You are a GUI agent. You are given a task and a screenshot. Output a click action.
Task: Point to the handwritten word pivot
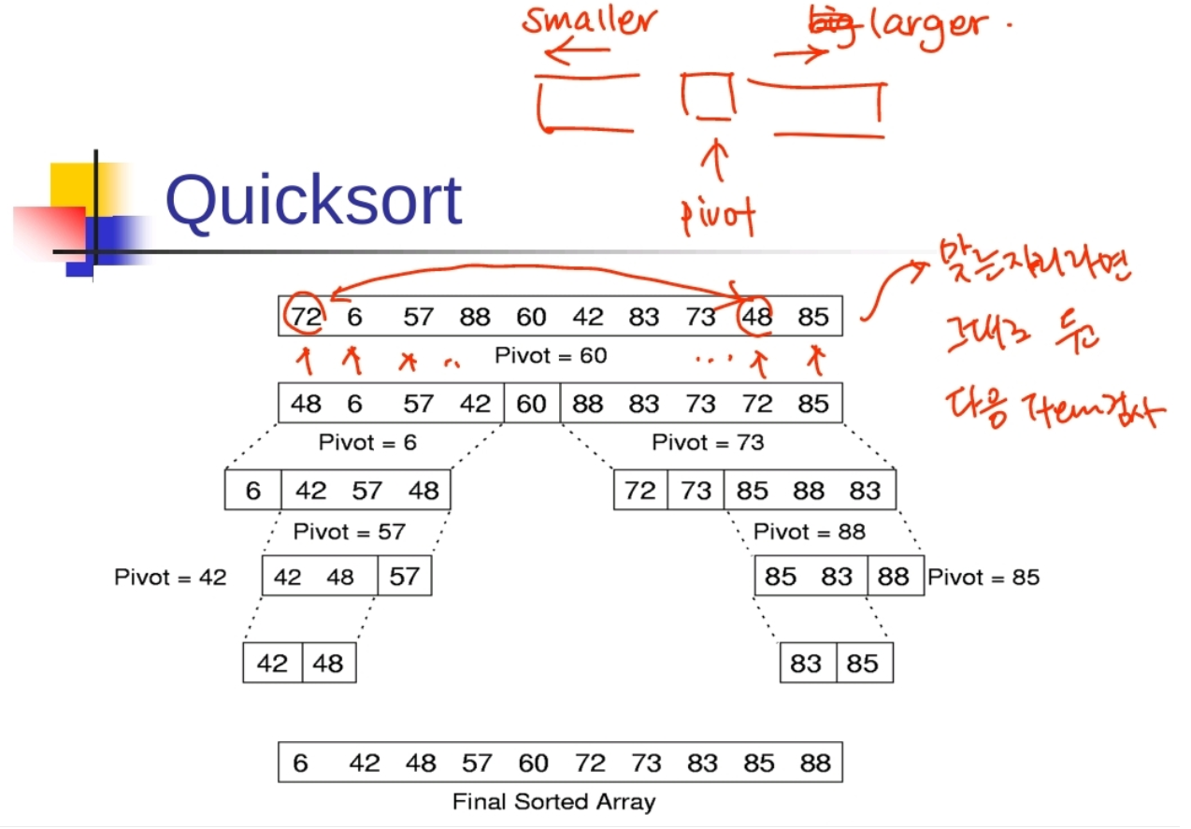click(x=718, y=216)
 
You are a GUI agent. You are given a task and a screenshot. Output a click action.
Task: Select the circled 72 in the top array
click(x=306, y=317)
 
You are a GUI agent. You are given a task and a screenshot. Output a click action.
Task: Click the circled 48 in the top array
click(x=756, y=317)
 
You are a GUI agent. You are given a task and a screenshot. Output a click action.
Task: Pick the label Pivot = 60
click(x=551, y=356)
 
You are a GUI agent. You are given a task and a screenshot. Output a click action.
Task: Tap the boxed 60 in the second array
click(x=532, y=403)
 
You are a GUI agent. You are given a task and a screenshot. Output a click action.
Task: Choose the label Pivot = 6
click(x=367, y=442)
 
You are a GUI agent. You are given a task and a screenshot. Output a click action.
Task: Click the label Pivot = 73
click(x=708, y=442)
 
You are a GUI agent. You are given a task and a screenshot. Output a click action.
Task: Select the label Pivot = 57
click(x=349, y=532)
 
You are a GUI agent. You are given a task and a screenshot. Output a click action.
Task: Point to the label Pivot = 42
click(x=170, y=577)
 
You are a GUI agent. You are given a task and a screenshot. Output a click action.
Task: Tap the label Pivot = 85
click(x=983, y=577)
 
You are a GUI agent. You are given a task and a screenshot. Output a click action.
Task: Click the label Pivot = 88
click(x=809, y=532)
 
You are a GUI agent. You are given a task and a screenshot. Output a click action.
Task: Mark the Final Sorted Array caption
click(x=553, y=802)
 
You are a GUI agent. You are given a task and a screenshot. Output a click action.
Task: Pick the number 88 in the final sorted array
click(x=815, y=764)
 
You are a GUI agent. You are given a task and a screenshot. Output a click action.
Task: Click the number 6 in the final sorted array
click(x=300, y=764)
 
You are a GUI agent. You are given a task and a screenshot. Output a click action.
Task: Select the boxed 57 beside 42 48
click(x=405, y=576)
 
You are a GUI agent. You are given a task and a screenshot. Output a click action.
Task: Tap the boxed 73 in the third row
click(x=696, y=490)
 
